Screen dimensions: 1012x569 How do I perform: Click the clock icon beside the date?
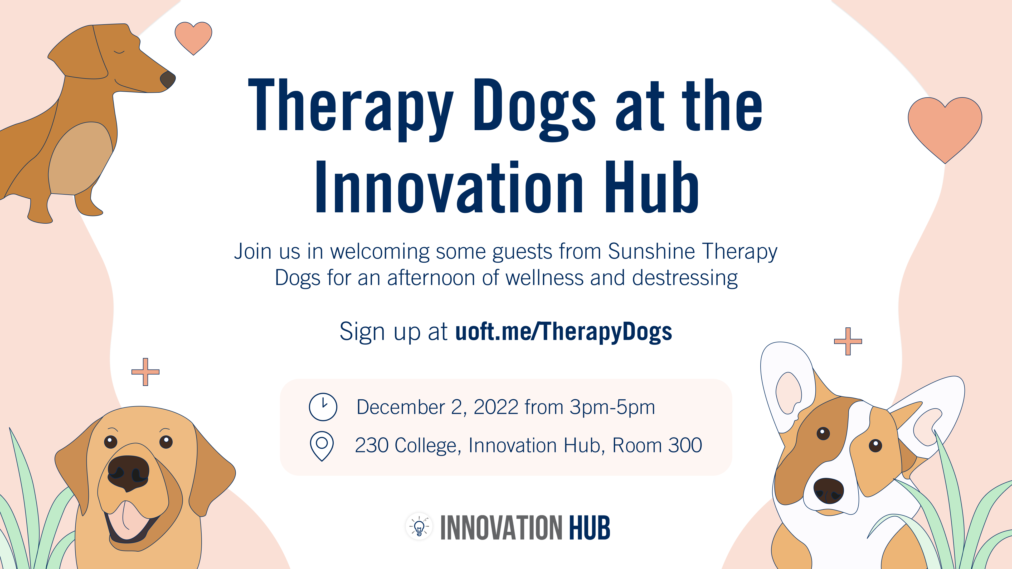(323, 407)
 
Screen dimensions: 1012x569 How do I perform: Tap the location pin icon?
(322, 446)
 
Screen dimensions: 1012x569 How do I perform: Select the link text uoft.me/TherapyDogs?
(563, 332)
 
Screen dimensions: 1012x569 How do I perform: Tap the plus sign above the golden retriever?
(145, 372)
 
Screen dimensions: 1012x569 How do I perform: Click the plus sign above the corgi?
(848, 341)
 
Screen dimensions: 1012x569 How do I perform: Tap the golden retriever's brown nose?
(128, 472)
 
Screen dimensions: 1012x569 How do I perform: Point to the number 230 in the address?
(372, 445)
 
